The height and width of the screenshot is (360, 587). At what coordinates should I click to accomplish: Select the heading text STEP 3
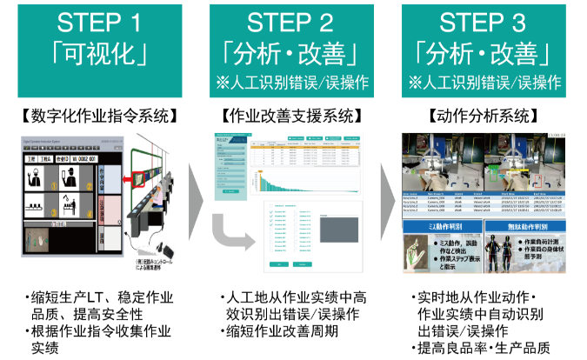point(486,23)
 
